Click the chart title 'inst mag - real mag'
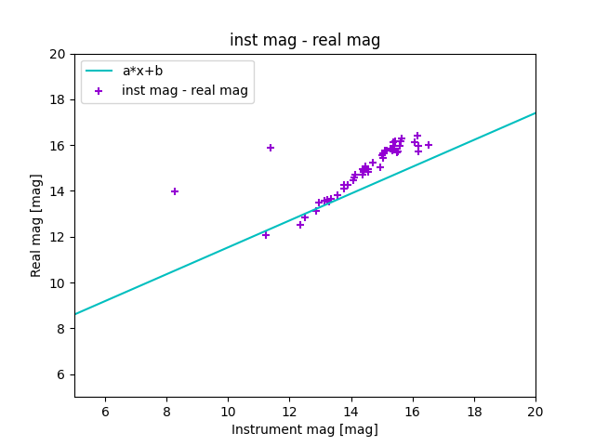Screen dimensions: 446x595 tap(305, 40)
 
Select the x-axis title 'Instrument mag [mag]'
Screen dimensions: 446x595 tap(305, 429)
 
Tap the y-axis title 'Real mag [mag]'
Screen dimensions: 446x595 tap(36, 226)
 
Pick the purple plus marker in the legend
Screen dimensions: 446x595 tap(99, 90)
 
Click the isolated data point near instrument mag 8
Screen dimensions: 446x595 tap(175, 191)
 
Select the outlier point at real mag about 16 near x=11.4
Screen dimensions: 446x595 tap(271, 148)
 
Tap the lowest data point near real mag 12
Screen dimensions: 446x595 tap(266, 235)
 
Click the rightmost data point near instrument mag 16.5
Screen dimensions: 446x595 tap(429, 145)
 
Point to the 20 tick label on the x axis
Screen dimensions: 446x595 tap(535, 412)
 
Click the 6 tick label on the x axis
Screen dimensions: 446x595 tap(105, 412)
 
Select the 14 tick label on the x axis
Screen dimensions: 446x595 tap(351, 412)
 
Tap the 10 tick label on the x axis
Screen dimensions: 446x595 tap(228, 412)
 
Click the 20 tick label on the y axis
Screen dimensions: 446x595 tap(58, 54)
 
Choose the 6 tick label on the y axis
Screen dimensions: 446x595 tap(61, 374)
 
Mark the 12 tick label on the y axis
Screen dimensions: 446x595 tap(58, 237)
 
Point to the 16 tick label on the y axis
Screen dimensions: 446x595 tap(58, 146)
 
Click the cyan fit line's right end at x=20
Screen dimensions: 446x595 tap(535, 113)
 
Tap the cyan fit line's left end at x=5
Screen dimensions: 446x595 tap(75, 313)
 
